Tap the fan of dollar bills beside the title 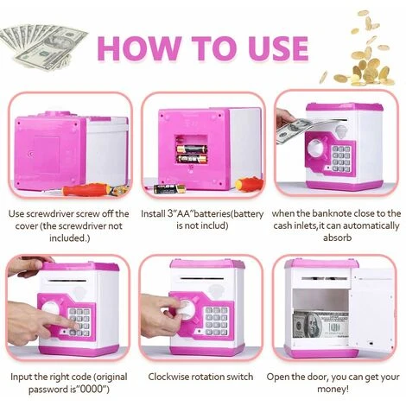(x=42, y=47)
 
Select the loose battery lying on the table (x=169, y=188)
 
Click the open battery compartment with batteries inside (x=192, y=150)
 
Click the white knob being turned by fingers (x=184, y=310)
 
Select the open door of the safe (x=371, y=311)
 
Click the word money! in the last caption (x=333, y=390)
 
